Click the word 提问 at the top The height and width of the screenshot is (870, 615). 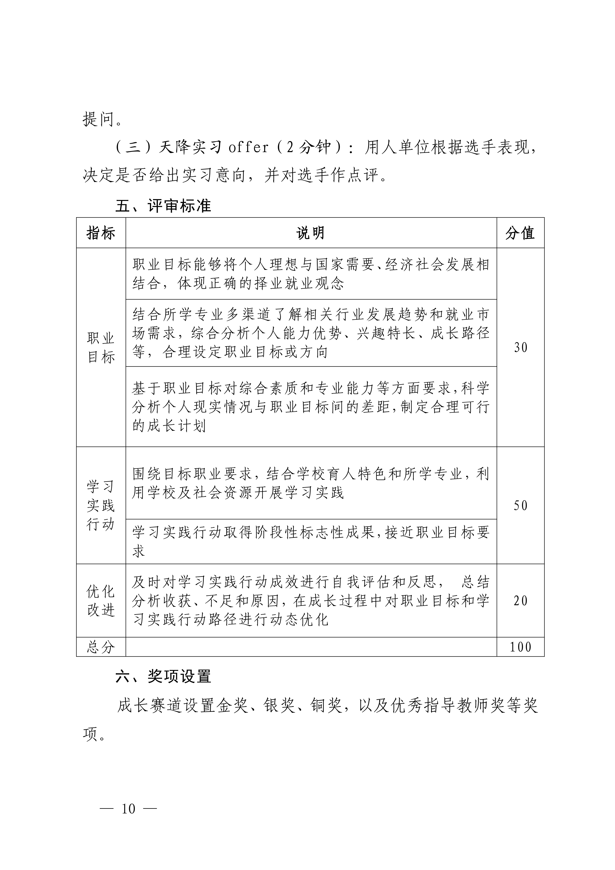click(98, 119)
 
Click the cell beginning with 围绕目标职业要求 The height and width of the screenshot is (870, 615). click(311, 483)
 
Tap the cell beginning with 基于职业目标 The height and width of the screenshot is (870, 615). click(311, 407)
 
